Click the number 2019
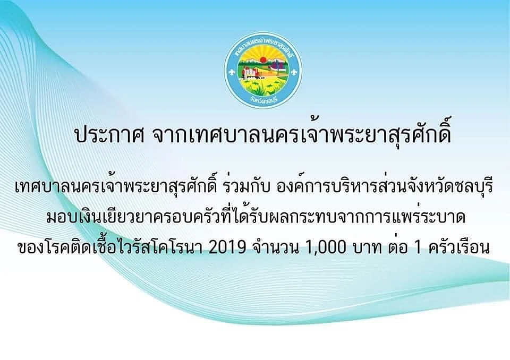pyautogui.click(x=227, y=248)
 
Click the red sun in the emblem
pyautogui.click(x=263, y=60)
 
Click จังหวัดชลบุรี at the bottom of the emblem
pyautogui.click(x=263, y=100)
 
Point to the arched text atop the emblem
pyautogui.click(x=263, y=47)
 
